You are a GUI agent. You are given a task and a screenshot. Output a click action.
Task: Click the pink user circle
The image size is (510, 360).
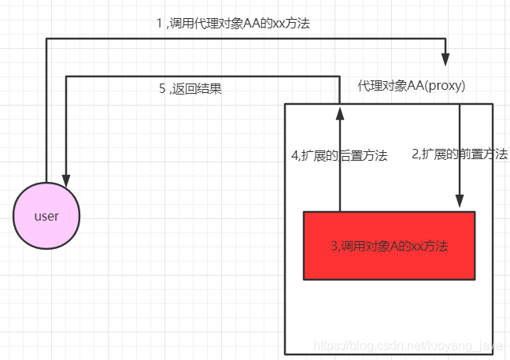click(47, 216)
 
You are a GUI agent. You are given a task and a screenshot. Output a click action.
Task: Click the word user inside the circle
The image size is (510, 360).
click(47, 216)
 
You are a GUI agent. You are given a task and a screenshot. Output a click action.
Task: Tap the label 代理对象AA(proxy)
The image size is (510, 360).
click(412, 86)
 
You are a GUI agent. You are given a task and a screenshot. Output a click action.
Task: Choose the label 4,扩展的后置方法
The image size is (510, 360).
click(339, 155)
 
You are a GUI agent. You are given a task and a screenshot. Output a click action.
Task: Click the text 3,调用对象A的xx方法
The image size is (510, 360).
click(389, 246)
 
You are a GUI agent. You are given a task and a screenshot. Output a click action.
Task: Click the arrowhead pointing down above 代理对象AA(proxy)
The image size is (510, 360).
click(446, 59)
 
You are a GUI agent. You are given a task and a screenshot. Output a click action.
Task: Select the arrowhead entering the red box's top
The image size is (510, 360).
click(460, 203)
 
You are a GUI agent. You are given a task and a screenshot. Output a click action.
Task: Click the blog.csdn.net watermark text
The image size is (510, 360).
click(401, 346)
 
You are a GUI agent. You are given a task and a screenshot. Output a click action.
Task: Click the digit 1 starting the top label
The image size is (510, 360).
click(159, 24)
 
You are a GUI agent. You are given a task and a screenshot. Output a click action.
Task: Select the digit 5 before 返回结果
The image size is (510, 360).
click(162, 88)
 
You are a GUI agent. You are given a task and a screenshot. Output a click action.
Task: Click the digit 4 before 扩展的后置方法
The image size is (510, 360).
click(294, 155)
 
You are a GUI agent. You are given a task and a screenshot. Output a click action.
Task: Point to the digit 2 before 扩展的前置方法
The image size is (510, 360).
click(415, 155)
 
